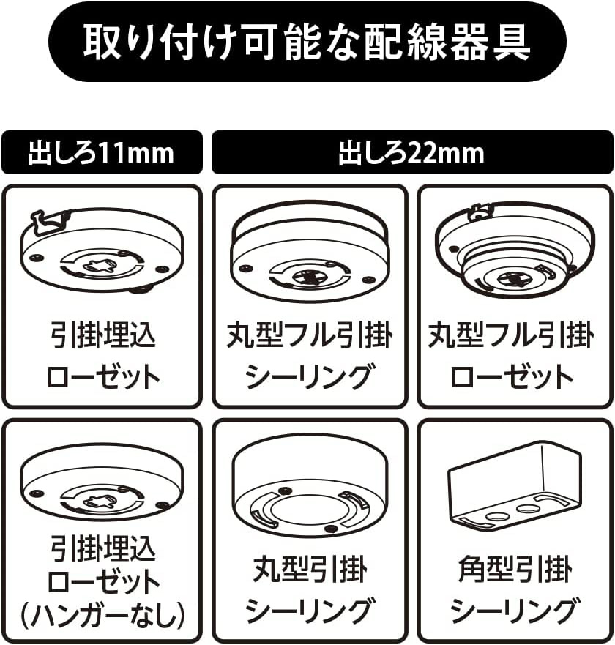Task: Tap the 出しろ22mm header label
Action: tap(411, 153)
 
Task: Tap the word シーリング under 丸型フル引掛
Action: tap(309, 377)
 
